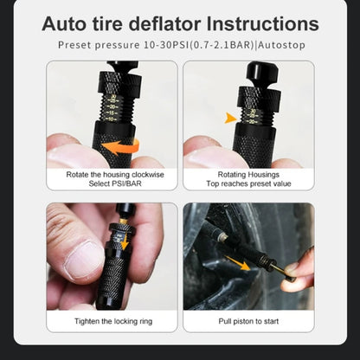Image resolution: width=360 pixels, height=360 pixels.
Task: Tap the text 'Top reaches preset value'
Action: coord(247,183)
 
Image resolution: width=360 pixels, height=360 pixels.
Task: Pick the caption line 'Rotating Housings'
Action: coord(247,173)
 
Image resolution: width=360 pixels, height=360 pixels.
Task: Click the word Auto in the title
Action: coord(70,23)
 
